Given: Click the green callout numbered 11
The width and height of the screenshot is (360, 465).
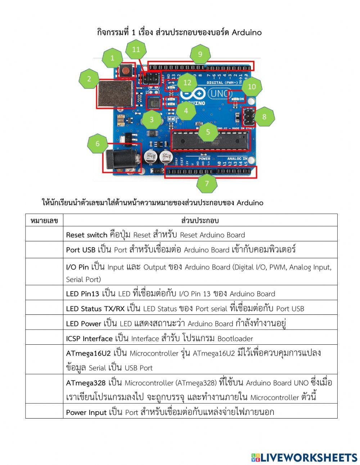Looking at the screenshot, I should tap(136, 50).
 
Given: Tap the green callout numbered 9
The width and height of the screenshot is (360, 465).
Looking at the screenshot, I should tap(200, 54).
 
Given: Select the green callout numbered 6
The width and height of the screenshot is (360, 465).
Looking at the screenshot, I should tap(98, 144).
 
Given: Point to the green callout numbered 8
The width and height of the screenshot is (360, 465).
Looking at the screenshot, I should tap(264, 117).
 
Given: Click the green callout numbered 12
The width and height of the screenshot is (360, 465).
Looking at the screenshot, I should tap(187, 83).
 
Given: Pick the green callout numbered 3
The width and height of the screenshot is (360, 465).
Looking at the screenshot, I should tap(152, 120).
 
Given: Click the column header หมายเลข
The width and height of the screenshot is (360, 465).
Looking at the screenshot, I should tap(44, 220).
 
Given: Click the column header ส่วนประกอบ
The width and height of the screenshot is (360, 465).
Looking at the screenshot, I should tap(200, 220).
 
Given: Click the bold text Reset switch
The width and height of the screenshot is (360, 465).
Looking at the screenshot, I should tap(87, 235).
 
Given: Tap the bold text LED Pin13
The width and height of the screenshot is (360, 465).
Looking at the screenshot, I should tap(82, 294).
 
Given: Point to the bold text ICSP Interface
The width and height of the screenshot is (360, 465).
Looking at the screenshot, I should tap(89, 339).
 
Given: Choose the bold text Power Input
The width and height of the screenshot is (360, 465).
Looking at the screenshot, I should tap(86, 412).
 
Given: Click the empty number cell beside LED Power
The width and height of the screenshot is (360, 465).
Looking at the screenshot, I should tap(44, 323).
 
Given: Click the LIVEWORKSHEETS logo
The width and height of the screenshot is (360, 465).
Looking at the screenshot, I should tap(305, 457).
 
